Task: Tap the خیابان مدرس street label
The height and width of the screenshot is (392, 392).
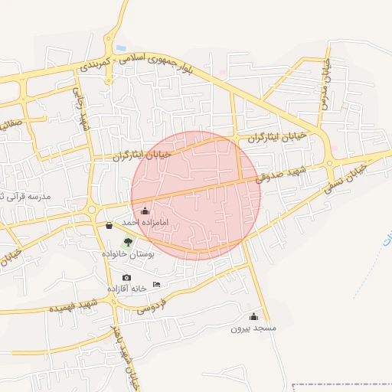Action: point(325,84)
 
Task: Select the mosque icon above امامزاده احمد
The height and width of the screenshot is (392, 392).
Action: point(145,211)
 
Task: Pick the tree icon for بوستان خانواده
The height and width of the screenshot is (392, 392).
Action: point(128,242)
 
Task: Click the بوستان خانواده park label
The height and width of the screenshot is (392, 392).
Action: point(128,253)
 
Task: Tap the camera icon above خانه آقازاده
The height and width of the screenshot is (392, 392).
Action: point(126,277)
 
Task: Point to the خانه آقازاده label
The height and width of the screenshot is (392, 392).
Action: point(126,289)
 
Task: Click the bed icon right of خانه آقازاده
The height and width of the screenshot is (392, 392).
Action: point(157,285)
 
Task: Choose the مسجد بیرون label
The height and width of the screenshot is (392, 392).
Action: point(253,328)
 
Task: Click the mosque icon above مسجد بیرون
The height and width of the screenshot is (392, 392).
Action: point(253,316)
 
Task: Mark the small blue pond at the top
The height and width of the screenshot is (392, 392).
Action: point(121,48)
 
